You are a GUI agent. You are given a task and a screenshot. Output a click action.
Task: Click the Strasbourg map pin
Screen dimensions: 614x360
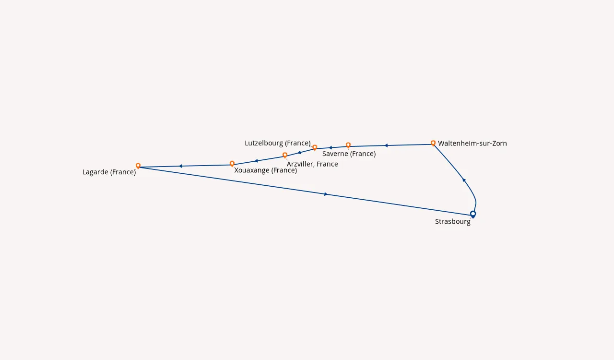pos(473,214)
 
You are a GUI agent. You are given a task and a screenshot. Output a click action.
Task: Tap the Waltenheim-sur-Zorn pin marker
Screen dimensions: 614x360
pos(433,143)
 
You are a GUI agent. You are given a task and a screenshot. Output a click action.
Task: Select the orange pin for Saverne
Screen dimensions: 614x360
pos(348,145)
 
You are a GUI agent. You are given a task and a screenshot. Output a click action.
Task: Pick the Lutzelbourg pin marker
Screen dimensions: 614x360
pos(315,147)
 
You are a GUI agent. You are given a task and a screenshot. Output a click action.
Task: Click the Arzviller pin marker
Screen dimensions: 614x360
pos(285,155)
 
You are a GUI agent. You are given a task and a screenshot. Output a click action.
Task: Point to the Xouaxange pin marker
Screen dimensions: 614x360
pos(232,164)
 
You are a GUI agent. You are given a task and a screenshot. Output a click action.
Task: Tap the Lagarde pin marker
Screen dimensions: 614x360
pos(138,166)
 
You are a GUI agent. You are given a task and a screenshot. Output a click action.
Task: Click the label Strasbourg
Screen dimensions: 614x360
pos(452,221)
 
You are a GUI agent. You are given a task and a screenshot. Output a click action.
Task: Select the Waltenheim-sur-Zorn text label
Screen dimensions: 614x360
pos(472,143)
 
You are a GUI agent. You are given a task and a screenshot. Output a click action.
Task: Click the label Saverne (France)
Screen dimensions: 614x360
pos(349,154)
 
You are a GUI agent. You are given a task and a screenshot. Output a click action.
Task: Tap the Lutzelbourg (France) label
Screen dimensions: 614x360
pos(278,143)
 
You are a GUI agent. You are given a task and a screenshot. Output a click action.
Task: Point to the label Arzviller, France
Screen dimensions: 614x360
pos(312,164)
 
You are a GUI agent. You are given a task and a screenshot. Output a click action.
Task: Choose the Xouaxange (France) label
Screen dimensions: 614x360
pos(266,170)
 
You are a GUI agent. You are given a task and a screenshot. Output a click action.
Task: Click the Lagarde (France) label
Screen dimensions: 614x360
pos(109,172)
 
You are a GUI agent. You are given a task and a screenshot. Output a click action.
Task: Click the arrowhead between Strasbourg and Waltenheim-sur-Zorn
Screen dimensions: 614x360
pos(464,180)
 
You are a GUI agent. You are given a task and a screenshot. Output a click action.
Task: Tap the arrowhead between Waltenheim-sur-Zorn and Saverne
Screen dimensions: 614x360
pos(386,145)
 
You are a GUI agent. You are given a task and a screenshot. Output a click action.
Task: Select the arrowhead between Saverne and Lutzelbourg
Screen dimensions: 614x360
pos(331,148)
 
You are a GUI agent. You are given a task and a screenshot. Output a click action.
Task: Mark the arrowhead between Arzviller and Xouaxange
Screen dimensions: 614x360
pos(256,161)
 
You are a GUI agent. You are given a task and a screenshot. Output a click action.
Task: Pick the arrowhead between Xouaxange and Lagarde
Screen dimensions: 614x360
pos(181,166)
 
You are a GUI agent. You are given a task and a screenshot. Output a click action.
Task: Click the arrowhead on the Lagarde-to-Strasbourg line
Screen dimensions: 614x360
pos(326,194)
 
